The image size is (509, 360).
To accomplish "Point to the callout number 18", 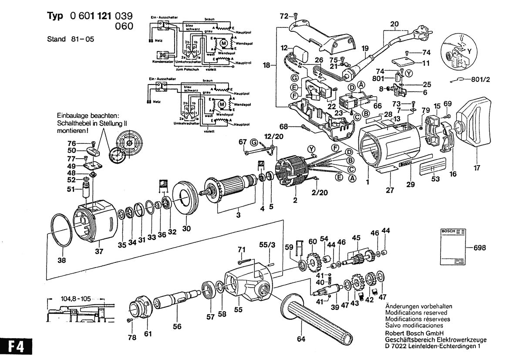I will pyautogui.click(x=266, y=65).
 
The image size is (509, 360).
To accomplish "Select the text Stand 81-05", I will pyautogui.click(x=70, y=39).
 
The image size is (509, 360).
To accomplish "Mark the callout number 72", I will pyautogui.click(x=284, y=16).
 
